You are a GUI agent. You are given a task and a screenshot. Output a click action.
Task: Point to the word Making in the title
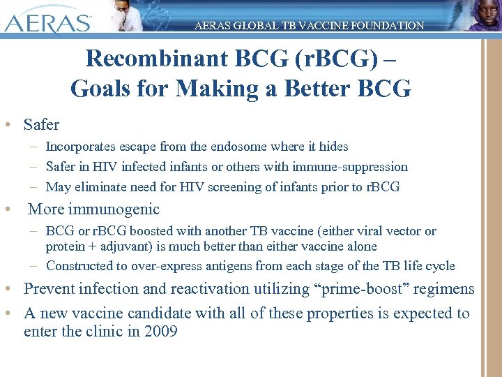coord(213,89)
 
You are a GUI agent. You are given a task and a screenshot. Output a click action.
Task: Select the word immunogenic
coord(123,209)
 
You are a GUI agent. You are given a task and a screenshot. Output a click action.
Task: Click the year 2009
coord(161,332)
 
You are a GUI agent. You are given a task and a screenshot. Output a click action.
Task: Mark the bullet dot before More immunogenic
coord(6,209)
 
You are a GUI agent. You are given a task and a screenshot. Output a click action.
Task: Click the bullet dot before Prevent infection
coord(6,289)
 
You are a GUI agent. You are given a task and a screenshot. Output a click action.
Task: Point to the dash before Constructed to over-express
coord(34,266)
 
